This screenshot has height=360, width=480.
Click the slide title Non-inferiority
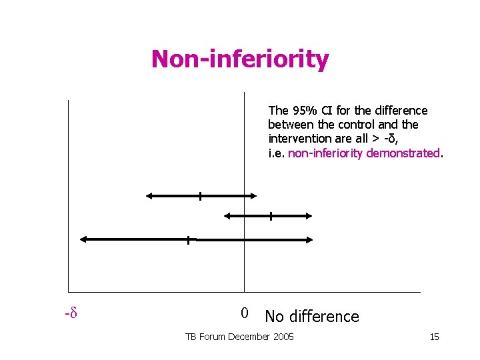(x=240, y=59)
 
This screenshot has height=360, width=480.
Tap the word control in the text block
(x=359, y=125)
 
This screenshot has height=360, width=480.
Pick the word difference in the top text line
(x=399, y=111)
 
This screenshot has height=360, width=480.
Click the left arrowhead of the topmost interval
(x=149, y=195)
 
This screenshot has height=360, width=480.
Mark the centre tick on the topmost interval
(x=199, y=195)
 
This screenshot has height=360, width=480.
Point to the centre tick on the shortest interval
(x=271, y=215)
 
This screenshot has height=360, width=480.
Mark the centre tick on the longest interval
(x=189, y=239)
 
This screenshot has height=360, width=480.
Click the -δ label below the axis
(x=68, y=312)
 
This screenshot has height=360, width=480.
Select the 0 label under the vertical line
(x=245, y=313)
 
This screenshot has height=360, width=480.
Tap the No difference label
(x=311, y=317)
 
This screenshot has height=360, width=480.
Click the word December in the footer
(x=250, y=337)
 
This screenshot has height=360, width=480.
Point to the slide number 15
(x=434, y=337)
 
